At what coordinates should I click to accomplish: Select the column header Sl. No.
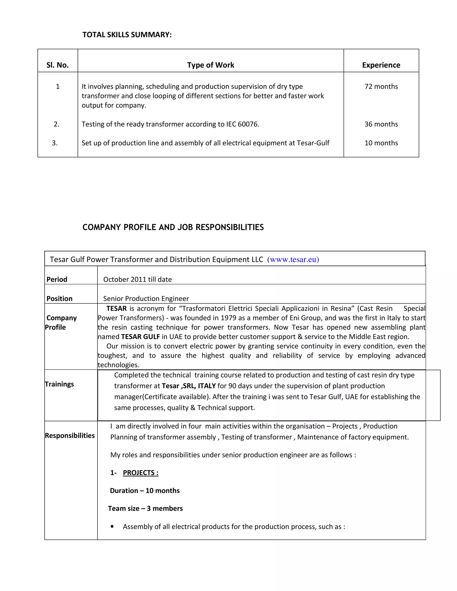57,65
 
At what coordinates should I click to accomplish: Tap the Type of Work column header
211,65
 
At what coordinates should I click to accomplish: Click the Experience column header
381,65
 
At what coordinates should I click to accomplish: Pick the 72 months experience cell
381,86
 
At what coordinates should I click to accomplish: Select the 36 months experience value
381,124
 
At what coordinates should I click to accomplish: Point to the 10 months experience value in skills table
381,143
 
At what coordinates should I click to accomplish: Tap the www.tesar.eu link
294,260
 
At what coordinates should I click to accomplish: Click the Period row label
57,279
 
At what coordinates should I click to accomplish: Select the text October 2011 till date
137,279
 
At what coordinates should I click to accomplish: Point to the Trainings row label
59,384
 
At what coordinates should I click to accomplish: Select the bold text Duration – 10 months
145,491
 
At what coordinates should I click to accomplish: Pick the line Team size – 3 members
145,508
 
